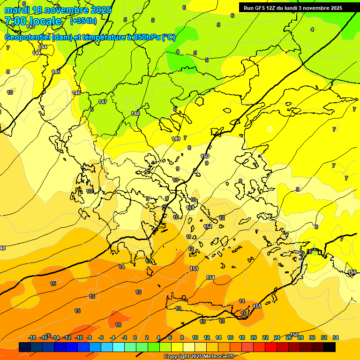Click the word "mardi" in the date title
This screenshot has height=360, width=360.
[17, 10]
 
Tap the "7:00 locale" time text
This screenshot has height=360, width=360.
[33, 21]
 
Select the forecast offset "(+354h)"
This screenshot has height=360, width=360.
[83, 21]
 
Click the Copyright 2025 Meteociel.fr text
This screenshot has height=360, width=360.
[198, 357]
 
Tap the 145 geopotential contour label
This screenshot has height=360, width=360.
[56, 72]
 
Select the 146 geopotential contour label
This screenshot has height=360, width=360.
[76, 93]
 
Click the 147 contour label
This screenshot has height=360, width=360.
[103, 102]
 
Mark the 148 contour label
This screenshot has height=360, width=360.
[135, 113]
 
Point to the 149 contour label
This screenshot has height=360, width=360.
[176, 139]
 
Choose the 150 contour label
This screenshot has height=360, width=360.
[205, 156]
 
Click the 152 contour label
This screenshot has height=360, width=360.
[208, 226]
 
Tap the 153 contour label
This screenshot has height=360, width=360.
[194, 269]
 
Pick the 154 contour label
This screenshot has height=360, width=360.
[210, 278]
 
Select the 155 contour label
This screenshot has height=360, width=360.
[257, 306]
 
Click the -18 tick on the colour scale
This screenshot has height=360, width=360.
[32, 337]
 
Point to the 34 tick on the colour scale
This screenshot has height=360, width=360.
[335, 337]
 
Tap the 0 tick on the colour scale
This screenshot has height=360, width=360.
[135, 337]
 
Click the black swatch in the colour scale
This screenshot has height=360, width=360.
[329, 347]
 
